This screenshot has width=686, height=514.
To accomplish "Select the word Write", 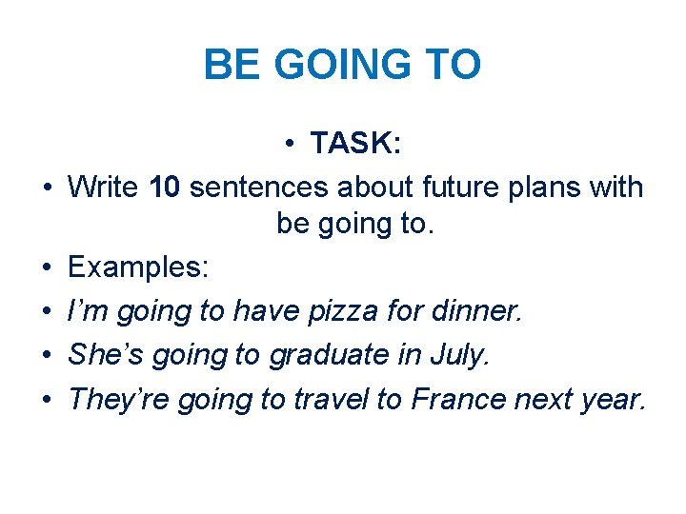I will click(x=104, y=188).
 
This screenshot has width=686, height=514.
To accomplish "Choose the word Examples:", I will click(x=138, y=268).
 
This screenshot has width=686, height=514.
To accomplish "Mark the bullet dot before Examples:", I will click(x=46, y=268).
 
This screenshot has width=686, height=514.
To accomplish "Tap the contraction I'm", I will click(x=87, y=312).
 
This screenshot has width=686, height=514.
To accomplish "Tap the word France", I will click(x=458, y=399).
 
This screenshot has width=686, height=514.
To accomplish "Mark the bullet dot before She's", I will click(x=46, y=355).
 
